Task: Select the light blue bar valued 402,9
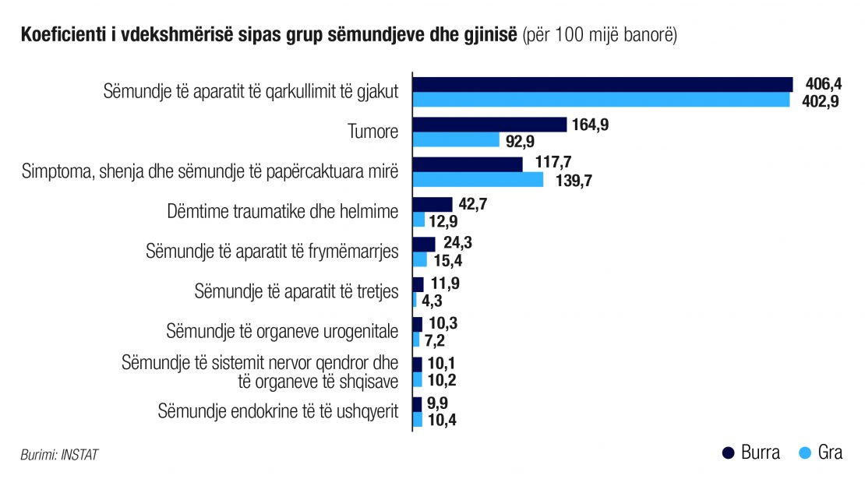click(602, 100)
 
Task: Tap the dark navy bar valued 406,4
click(603, 84)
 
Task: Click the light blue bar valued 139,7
click(478, 180)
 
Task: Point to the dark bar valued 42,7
click(432, 205)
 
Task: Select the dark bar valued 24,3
click(424, 245)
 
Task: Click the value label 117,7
click(553, 162)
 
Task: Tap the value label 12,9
click(443, 221)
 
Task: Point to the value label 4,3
click(432, 301)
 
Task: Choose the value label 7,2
click(435, 340)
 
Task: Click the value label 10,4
click(442, 421)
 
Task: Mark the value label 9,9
click(437, 403)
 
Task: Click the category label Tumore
click(373, 132)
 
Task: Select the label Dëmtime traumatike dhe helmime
click(282, 211)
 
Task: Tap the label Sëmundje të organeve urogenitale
click(282, 332)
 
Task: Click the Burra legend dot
click(728, 453)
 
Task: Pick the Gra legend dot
click(806, 453)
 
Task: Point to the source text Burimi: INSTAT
click(59, 455)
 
